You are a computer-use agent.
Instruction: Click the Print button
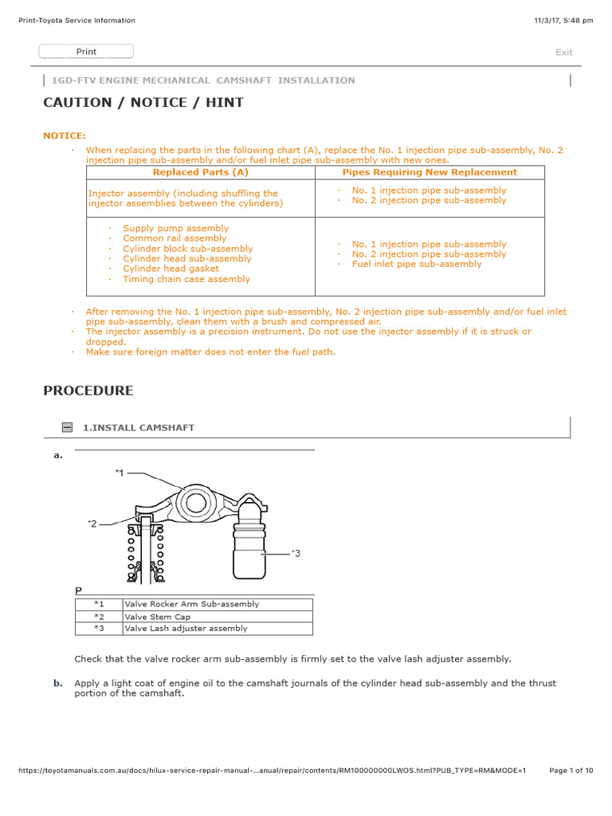click(x=86, y=52)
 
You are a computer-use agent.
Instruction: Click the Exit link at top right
click(x=563, y=53)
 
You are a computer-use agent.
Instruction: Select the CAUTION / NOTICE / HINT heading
click(x=143, y=103)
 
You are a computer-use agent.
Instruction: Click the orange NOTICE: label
click(x=65, y=136)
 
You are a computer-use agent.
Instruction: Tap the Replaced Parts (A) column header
click(x=201, y=172)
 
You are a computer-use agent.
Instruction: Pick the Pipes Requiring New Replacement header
click(x=430, y=172)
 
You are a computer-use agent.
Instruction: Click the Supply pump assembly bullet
click(x=175, y=228)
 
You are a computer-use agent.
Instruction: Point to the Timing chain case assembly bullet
click(x=186, y=279)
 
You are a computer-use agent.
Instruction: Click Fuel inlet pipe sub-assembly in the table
click(x=417, y=264)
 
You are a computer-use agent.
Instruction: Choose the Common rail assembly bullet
click(x=175, y=238)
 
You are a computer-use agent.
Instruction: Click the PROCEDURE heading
click(x=88, y=391)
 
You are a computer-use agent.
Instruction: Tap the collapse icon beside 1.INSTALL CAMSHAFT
click(x=68, y=428)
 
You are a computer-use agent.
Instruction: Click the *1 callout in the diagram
click(x=120, y=473)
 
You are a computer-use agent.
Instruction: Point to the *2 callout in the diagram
click(x=92, y=524)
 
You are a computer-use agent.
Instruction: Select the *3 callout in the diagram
click(x=296, y=552)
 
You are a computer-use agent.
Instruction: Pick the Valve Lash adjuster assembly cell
click(x=186, y=629)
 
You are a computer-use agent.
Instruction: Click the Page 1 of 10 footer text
click(x=571, y=771)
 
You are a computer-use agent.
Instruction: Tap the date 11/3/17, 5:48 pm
click(x=563, y=21)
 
